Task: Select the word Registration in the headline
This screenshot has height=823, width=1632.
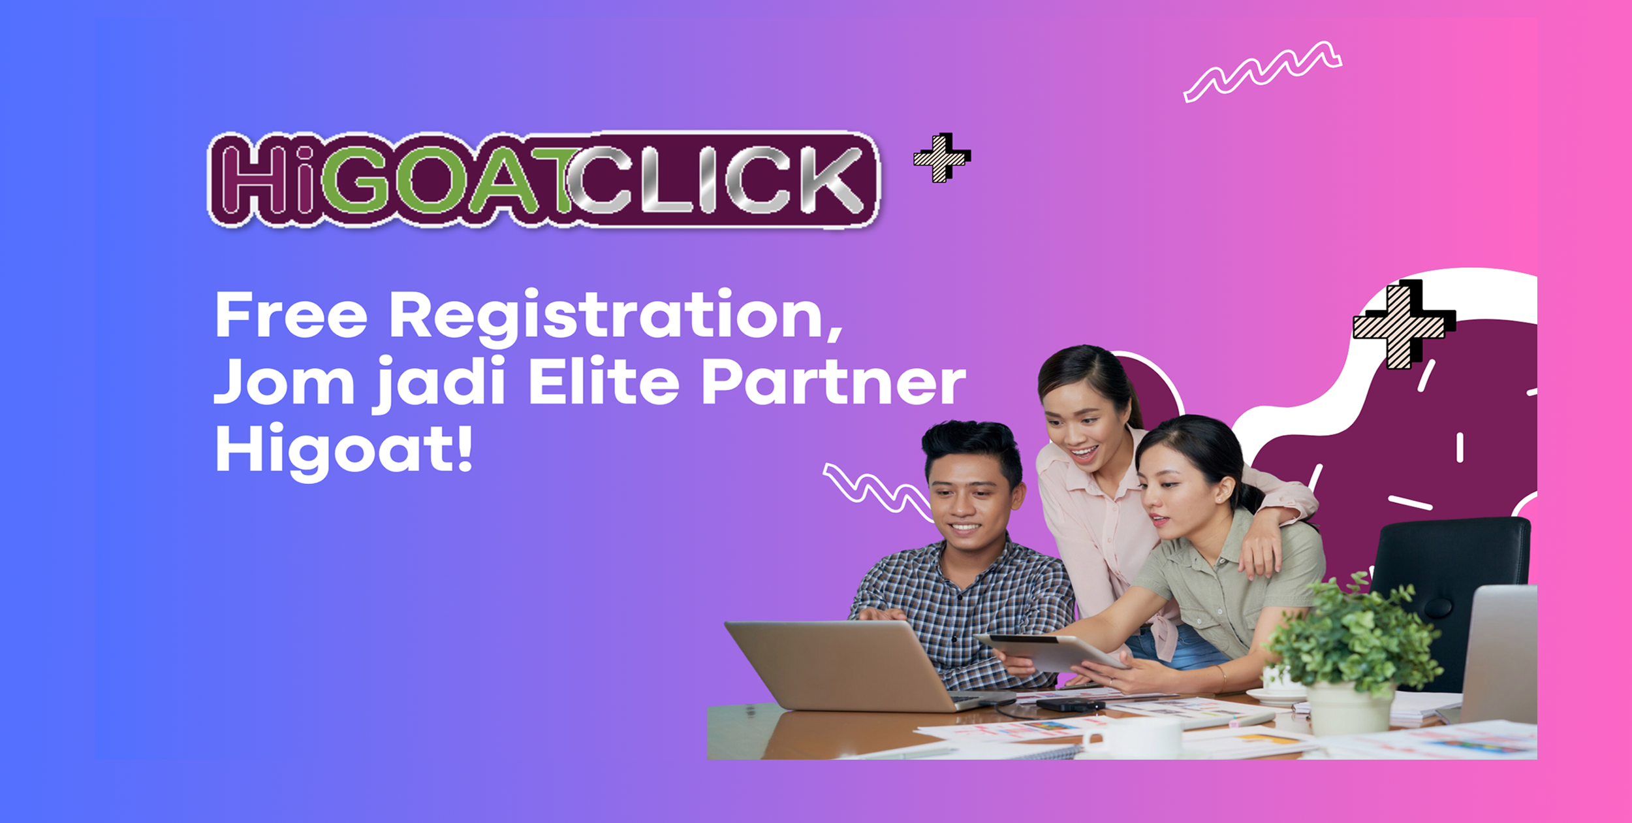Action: tap(616, 317)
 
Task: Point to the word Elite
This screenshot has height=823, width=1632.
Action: tap(604, 381)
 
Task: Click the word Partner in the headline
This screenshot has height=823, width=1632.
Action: tap(834, 382)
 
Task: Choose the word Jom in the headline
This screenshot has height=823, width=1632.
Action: tap(284, 381)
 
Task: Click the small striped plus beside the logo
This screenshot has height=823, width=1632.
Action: tap(942, 157)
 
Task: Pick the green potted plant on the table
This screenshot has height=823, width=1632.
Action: tap(1355, 653)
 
